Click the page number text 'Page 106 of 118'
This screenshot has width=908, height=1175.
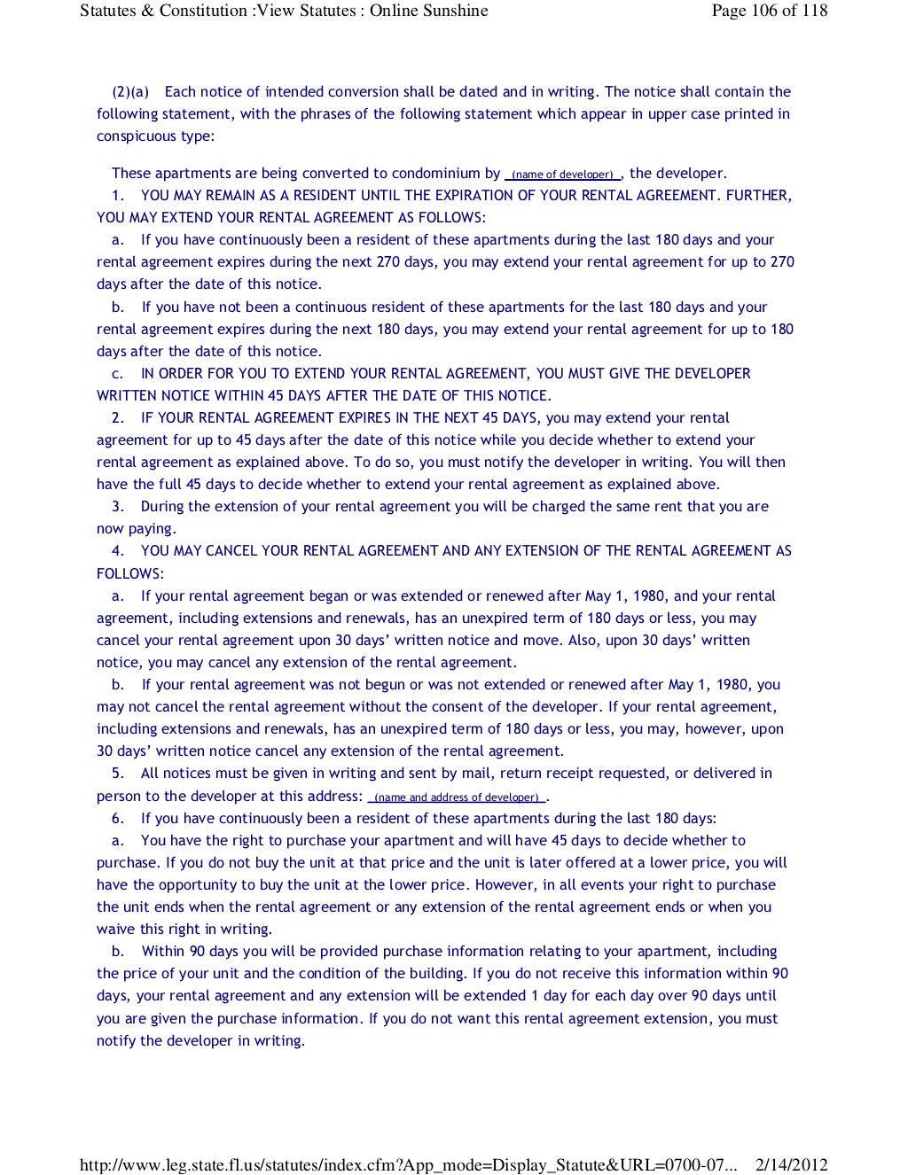[769, 11]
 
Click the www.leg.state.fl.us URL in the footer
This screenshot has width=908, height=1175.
[408, 1165]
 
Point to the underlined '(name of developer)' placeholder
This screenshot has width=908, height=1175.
[563, 175]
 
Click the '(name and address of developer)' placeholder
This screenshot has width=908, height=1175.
[457, 797]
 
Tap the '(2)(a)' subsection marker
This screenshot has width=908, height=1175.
[130, 91]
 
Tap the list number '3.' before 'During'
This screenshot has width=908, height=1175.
[118, 506]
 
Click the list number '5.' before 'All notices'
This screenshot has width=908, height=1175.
[118, 773]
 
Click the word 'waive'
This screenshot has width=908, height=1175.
[116, 929]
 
